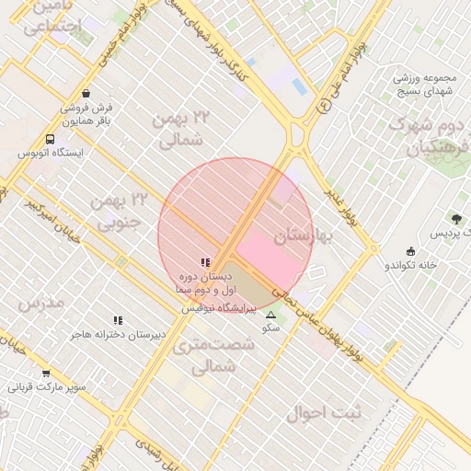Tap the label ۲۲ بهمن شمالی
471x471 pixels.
(181, 129)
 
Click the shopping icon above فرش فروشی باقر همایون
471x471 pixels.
(86, 93)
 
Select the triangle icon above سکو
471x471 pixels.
(270, 315)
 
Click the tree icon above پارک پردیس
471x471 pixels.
(456, 219)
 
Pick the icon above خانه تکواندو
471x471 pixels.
(410, 251)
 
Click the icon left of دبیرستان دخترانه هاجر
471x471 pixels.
(117, 320)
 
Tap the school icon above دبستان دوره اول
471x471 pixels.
(204, 262)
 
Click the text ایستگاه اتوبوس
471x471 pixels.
(52, 153)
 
